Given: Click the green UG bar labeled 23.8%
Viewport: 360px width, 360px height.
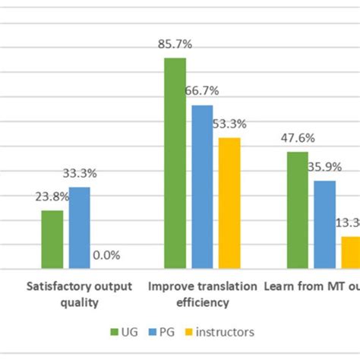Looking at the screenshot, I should coord(52,239).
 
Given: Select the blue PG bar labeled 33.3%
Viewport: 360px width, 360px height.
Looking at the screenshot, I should coord(79,228).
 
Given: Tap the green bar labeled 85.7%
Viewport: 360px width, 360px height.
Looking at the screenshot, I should coord(175,163).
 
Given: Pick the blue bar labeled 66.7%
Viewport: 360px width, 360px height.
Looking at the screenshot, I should coord(202,187).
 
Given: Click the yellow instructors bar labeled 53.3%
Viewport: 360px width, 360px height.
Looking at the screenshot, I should coord(229,204).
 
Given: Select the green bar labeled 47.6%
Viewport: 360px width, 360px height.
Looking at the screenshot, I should coord(298,210).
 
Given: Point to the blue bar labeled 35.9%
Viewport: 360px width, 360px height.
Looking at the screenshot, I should coord(324,225).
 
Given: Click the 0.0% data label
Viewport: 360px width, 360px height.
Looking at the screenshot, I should coord(106,255).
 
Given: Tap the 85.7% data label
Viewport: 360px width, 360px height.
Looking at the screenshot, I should coord(175,46).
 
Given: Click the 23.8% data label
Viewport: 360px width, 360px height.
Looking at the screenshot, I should coord(52,197).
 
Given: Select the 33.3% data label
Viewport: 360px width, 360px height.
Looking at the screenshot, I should coord(79,174).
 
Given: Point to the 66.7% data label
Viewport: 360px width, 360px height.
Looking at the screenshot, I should coord(202,91).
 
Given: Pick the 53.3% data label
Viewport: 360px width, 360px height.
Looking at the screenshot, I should coord(229,125).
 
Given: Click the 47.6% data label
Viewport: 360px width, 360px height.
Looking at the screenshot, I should coord(298,138).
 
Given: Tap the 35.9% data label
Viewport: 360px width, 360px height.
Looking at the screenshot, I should coord(324,167).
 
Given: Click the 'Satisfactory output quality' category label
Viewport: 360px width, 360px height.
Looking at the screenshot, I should coord(80,295).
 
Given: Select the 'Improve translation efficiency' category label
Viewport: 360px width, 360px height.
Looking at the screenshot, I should coord(202,295).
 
